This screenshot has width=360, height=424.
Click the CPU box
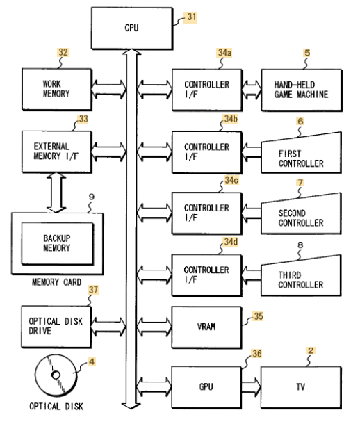[132, 28]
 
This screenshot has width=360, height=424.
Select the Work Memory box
[57, 89]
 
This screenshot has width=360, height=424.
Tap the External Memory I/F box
[57, 152]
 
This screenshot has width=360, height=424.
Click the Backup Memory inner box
[58, 243]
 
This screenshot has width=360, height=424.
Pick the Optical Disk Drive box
[56, 327]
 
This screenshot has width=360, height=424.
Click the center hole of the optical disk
[56, 375]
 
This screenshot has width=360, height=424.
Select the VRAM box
[206, 327]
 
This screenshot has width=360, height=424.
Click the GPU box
[206, 387]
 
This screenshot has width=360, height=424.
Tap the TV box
[301, 387]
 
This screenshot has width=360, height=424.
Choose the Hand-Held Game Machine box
[302, 90]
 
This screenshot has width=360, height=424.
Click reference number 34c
[231, 180]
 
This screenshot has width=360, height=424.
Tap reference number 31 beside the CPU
[191, 17]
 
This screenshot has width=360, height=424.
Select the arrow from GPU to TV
[251, 386]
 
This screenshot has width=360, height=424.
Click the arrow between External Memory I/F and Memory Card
[56, 193]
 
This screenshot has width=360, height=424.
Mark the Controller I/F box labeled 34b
[207, 152]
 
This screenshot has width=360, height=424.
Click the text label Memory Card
[56, 282]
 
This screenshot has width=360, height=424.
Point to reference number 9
[92, 197]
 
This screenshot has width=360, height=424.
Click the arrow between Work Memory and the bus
[108, 89]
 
